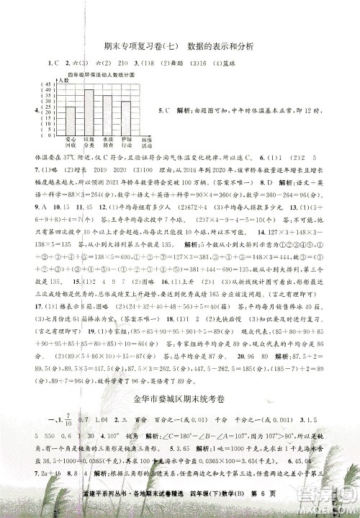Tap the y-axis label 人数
63,80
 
